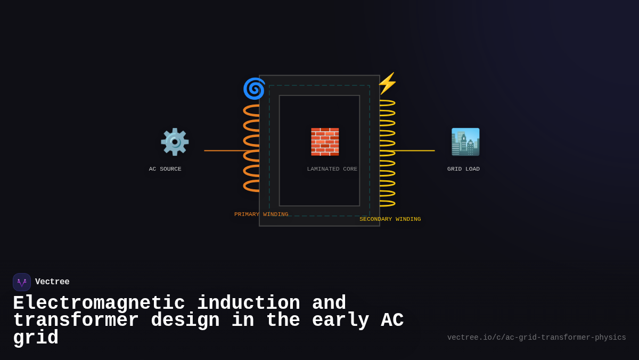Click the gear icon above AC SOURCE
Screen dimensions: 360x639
(x=175, y=142)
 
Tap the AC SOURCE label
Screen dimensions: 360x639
(x=165, y=169)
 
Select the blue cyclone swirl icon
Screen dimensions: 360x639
(x=254, y=89)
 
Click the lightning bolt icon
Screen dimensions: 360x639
(x=387, y=83)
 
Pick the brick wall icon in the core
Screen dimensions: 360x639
(x=325, y=142)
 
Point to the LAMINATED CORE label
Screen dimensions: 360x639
(x=332, y=169)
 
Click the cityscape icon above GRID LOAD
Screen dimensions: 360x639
(x=465, y=142)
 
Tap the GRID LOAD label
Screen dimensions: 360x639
(x=463, y=169)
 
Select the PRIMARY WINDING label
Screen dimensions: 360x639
(x=261, y=214)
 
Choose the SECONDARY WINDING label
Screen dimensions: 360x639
(x=390, y=219)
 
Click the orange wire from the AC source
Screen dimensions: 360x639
(x=224, y=150)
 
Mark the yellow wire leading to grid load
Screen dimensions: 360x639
(x=415, y=150)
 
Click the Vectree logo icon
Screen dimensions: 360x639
(x=22, y=282)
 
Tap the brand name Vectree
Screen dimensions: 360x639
(x=52, y=282)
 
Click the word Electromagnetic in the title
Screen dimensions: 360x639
(x=99, y=303)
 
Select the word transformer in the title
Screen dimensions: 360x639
(x=76, y=321)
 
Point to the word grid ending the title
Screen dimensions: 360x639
(x=35, y=338)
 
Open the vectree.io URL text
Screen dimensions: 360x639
(x=536, y=338)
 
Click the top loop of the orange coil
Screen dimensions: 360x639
(x=251, y=110)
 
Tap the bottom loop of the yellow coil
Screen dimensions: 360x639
(x=387, y=203)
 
